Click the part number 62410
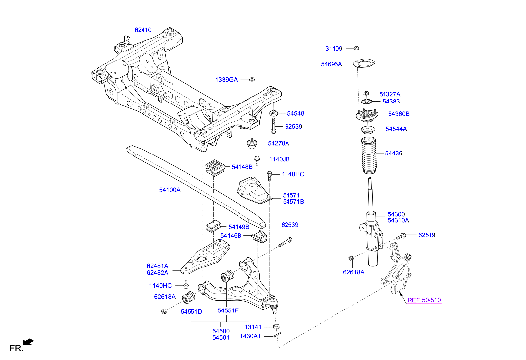coord(143,30)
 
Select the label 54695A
coord(331,64)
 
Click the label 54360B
coord(399,114)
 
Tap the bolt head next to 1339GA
coord(252,79)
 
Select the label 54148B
coord(242,167)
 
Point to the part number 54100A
coord(170,190)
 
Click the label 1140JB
coord(279,159)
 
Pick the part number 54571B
coord(293,202)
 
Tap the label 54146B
coord(231,236)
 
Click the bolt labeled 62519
coord(403,235)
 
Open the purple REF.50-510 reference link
coord(424,300)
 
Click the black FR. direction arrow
coord(29,342)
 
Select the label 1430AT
coord(250,336)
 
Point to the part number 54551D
coord(191,312)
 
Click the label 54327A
coord(390,94)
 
